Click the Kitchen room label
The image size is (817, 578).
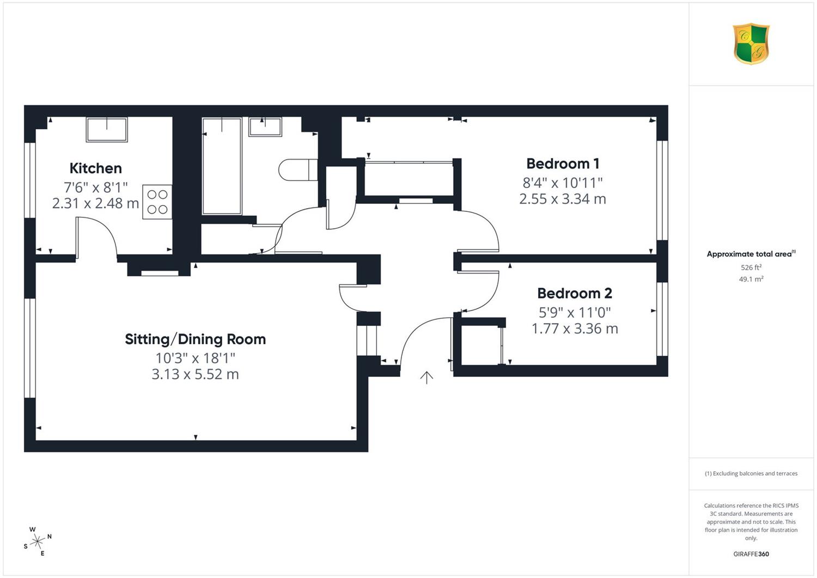click(95, 168)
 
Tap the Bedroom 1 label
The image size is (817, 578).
click(563, 163)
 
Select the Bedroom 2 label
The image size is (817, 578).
click(575, 293)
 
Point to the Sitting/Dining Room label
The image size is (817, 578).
click(195, 339)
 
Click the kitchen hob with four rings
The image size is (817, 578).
click(157, 202)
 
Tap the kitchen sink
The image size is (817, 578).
click(107, 130)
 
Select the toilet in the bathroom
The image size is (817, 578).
click(298, 169)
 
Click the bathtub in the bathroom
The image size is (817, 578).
click(222, 166)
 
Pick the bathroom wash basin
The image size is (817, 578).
click(265, 126)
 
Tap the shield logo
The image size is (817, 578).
click(751, 44)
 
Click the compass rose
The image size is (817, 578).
click(38, 542)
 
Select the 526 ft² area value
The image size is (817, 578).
click(751, 267)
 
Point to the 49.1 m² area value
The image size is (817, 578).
click(751, 279)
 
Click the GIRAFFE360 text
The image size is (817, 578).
click(751, 554)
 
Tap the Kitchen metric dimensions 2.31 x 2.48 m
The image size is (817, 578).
click(95, 203)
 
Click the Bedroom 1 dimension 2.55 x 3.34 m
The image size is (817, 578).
click(563, 199)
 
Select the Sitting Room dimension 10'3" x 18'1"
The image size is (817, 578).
click(195, 358)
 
